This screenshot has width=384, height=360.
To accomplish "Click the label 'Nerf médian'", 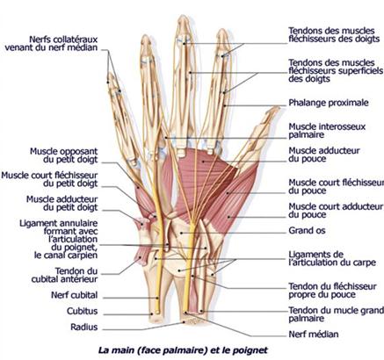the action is coord(314,334).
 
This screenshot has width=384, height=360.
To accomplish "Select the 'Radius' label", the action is coord(83,327).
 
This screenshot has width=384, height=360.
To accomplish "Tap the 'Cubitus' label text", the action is coord(82,311).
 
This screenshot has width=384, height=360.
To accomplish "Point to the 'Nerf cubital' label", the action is coord(74,295).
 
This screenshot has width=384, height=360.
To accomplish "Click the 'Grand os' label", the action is coord(307,230).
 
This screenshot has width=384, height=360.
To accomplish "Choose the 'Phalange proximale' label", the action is coord(329,103).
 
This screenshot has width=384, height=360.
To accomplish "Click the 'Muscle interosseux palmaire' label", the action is coord(327,131).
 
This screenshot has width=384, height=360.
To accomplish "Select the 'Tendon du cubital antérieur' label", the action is coord(64,275).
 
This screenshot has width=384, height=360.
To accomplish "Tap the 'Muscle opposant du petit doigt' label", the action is coord(64,155).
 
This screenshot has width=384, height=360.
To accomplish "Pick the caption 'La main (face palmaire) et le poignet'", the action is coord(183,350).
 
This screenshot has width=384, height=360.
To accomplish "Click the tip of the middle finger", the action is coord(184,17).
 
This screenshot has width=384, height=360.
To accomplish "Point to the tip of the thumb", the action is coord(277,108).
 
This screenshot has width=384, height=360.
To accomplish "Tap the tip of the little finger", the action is coord(110,75).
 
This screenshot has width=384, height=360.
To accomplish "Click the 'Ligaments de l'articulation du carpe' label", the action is coord(332,258).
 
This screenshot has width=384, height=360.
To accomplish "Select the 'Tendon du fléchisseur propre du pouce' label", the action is coord(332,291).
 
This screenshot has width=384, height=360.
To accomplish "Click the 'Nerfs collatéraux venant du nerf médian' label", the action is coord(51,43).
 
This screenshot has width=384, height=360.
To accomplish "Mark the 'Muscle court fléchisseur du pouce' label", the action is coord(337,186).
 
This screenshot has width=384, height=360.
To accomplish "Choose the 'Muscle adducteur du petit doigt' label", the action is coord(62,203).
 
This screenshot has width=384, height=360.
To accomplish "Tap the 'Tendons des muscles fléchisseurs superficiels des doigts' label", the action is coord(336,70).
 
